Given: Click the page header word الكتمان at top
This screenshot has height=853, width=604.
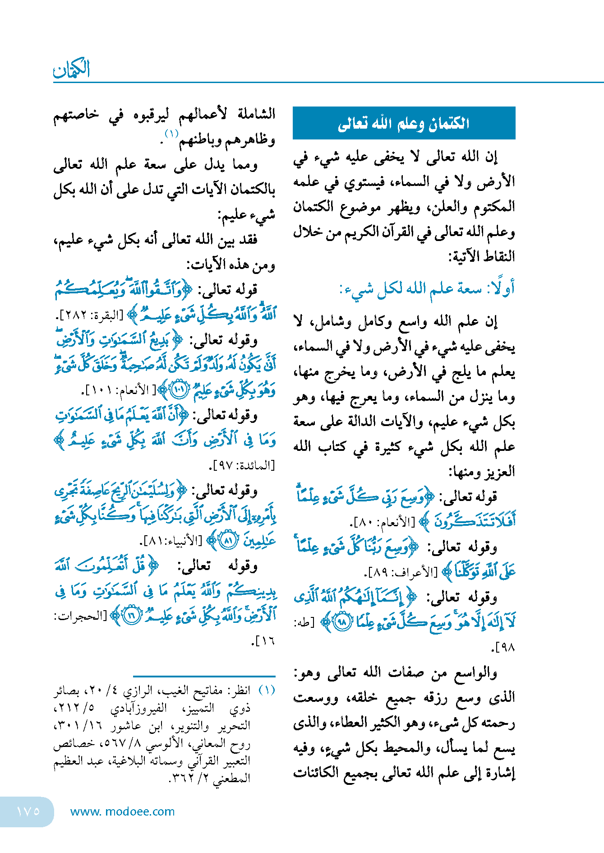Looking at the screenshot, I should [72, 69].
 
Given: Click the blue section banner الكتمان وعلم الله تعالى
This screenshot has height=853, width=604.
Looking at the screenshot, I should [404, 123].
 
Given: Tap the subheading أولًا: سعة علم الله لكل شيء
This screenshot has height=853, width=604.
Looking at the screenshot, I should [427, 289].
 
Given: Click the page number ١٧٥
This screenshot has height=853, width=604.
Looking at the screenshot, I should [28, 811].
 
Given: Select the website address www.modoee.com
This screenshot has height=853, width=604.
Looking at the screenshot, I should [122, 811].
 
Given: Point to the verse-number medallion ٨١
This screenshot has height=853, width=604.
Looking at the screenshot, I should [229, 540].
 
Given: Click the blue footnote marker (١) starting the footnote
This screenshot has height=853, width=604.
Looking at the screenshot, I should [267, 690].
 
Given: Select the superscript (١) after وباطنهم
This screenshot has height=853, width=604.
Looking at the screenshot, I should [172, 134].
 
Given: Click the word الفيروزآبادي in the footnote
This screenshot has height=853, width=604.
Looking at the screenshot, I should [139, 708].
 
